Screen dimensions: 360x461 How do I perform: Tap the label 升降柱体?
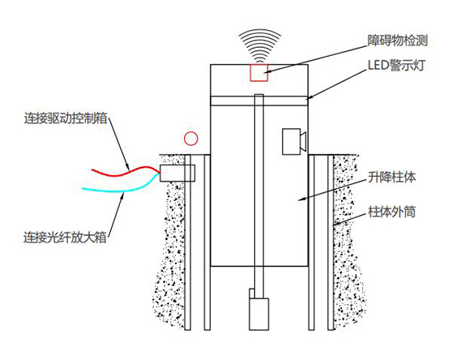tap(393, 178)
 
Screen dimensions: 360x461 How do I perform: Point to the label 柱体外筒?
tap(393, 211)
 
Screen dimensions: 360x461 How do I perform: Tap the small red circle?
tap(190, 138)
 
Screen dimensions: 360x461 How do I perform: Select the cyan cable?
tap(122, 190)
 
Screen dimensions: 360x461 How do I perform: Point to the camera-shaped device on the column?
tap(292, 142)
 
